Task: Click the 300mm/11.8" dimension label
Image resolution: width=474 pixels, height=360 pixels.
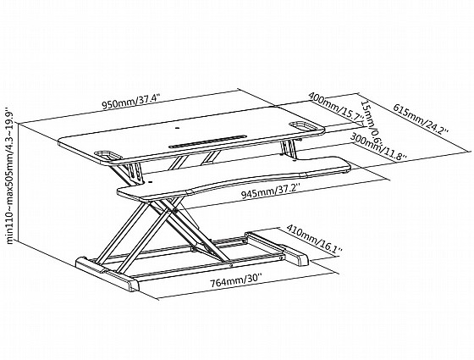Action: pos(378,148)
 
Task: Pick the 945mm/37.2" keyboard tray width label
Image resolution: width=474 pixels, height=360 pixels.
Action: pos(271,191)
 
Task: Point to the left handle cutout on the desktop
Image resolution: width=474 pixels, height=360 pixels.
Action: pos(108,155)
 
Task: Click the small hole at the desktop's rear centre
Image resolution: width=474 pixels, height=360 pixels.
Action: pos(177,128)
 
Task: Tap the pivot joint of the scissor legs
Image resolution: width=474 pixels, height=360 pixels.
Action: pos(175,210)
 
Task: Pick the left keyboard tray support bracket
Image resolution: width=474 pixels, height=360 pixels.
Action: pos(135,172)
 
